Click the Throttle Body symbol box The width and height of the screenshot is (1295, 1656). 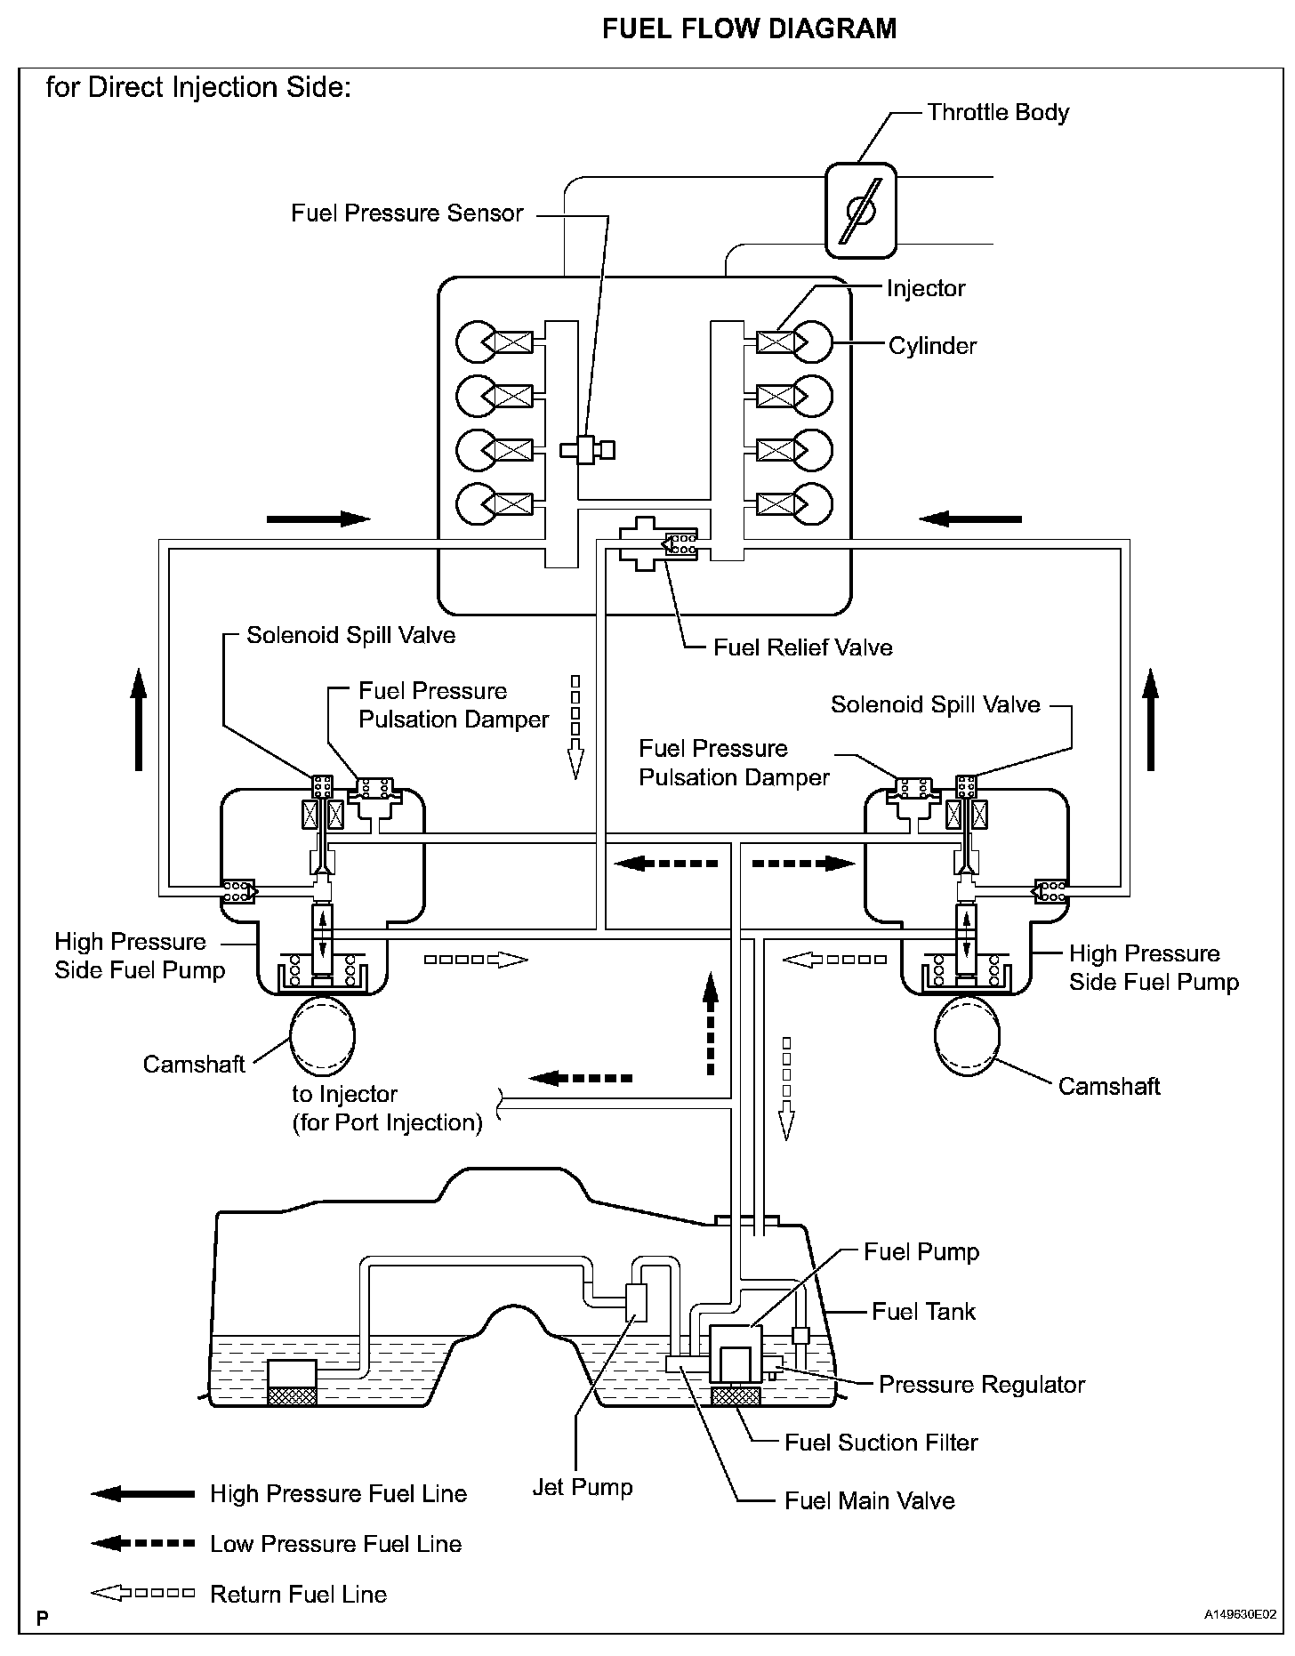[x=860, y=210]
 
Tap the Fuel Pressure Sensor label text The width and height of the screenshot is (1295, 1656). [x=407, y=213]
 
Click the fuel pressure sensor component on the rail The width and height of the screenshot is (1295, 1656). [x=587, y=449]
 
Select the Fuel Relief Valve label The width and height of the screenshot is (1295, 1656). [x=802, y=647]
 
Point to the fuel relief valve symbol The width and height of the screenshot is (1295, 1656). [x=658, y=543]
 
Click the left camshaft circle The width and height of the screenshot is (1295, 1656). [x=322, y=1036]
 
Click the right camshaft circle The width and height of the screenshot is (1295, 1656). [x=968, y=1036]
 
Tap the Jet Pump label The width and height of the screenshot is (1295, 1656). [x=583, y=1488]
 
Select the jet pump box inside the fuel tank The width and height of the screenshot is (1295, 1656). [x=637, y=1303]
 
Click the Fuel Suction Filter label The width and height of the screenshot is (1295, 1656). [x=881, y=1443]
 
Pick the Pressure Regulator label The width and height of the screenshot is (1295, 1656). [x=982, y=1385]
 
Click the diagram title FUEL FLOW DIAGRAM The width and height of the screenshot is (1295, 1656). [x=750, y=29]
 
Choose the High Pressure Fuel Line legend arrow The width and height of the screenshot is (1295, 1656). [x=142, y=1494]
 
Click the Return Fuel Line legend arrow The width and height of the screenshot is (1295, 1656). [x=142, y=1594]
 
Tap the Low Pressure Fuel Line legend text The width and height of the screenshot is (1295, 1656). [x=336, y=1544]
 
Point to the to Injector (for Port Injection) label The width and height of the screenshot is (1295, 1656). [x=388, y=1108]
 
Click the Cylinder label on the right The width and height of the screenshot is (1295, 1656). [x=932, y=346]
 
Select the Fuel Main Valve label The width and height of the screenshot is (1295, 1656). [x=870, y=1501]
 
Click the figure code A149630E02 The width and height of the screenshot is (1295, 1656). [x=1241, y=1613]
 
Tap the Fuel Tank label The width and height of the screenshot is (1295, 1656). [x=923, y=1312]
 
